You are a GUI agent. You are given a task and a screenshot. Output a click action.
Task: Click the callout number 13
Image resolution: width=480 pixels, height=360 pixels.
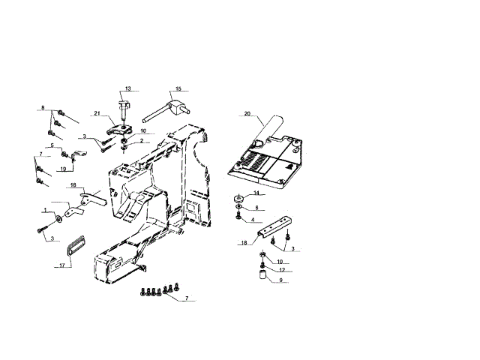pyautogui.click(x=127, y=89)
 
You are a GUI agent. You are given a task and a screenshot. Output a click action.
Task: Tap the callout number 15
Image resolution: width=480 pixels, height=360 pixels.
pyautogui.click(x=178, y=89)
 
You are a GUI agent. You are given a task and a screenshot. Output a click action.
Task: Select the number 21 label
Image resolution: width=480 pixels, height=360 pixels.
pyautogui.click(x=97, y=113)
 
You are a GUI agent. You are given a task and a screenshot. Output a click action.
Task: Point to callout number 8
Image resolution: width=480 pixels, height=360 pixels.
pyautogui.click(x=43, y=108)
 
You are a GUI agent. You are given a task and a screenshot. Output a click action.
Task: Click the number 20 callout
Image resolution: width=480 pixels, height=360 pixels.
pyautogui.click(x=247, y=114)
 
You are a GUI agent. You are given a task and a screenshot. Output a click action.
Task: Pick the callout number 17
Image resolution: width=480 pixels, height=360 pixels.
pyautogui.click(x=61, y=265)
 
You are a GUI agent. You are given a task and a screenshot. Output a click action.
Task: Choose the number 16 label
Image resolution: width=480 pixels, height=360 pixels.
pyautogui.click(x=73, y=184)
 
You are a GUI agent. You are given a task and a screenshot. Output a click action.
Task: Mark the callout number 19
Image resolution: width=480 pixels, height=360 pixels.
pyautogui.click(x=63, y=169)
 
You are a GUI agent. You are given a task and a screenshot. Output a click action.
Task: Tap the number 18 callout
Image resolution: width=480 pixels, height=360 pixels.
pyautogui.click(x=244, y=244)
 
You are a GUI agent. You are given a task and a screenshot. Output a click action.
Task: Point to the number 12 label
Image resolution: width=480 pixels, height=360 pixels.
pyautogui.click(x=281, y=269)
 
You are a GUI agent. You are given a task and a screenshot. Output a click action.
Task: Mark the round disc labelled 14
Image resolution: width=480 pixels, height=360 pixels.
pyautogui.click(x=238, y=198)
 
